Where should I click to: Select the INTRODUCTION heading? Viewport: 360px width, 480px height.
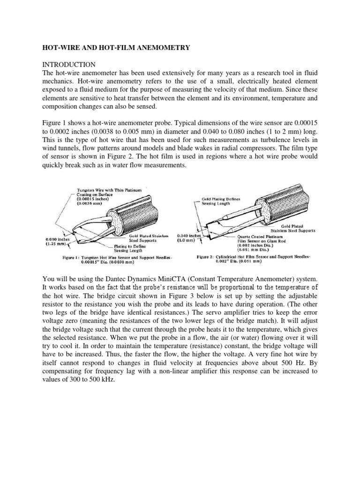pyautogui.click(x=69, y=64)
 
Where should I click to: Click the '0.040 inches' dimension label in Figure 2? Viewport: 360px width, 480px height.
pyautogui.click(x=189, y=236)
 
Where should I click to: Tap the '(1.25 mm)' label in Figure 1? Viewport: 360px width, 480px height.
pyautogui.click(x=56, y=244)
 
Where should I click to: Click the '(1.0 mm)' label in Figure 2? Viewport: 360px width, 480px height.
pyautogui.click(x=187, y=241)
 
